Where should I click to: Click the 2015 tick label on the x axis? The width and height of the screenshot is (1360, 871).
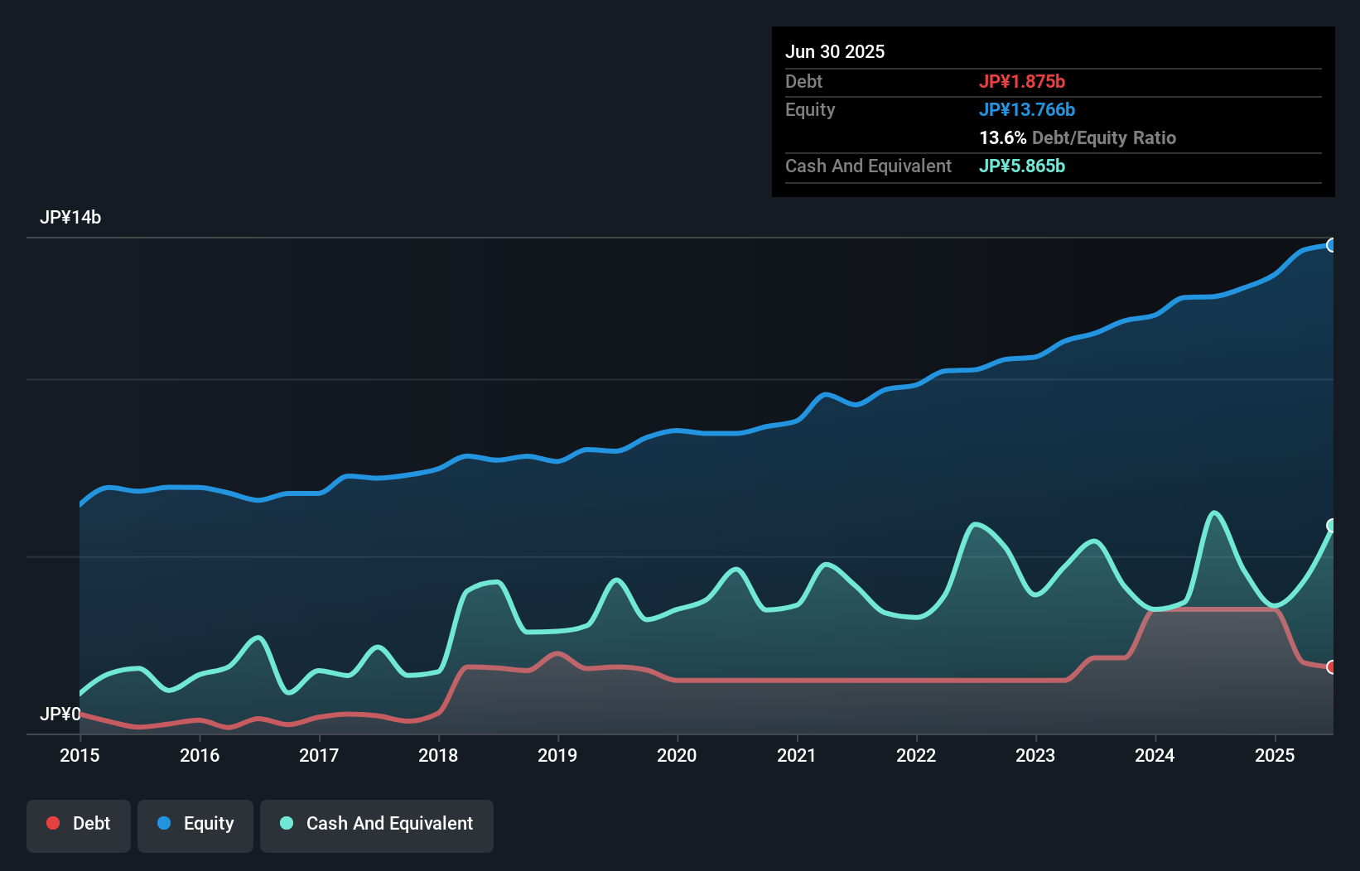[x=80, y=755]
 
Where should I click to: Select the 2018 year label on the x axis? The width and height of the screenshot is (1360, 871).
[x=438, y=755]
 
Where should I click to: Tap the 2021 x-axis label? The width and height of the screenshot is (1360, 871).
[x=796, y=755]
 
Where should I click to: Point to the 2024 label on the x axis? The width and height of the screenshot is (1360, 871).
[x=1155, y=755]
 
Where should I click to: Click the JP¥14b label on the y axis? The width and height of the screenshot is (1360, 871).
[x=70, y=218]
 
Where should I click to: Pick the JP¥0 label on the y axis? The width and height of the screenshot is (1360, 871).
[x=60, y=714]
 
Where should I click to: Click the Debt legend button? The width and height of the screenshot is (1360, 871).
[x=79, y=824]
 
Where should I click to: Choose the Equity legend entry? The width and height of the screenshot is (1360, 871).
[x=195, y=824]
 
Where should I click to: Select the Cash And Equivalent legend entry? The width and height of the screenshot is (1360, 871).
[x=377, y=824]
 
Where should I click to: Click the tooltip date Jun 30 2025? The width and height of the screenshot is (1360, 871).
[x=835, y=51]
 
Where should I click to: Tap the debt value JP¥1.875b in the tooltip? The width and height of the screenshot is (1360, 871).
[x=1022, y=81]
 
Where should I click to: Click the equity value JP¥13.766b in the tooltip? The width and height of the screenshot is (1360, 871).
[x=1027, y=109]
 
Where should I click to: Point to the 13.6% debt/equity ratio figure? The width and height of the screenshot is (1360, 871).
[x=1003, y=137]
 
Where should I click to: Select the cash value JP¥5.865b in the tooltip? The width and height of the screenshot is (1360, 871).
[x=1022, y=166]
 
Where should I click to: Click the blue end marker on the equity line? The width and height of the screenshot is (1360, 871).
[x=1331, y=245]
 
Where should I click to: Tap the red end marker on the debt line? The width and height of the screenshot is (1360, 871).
[x=1331, y=667]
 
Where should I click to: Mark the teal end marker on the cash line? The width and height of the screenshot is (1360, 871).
[x=1331, y=526]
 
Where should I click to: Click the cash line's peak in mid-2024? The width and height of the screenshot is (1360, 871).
[x=1214, y=513]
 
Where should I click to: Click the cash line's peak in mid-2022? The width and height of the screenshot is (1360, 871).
[x=976, y=524]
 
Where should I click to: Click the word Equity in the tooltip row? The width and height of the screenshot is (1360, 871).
[x=810, y=109]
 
